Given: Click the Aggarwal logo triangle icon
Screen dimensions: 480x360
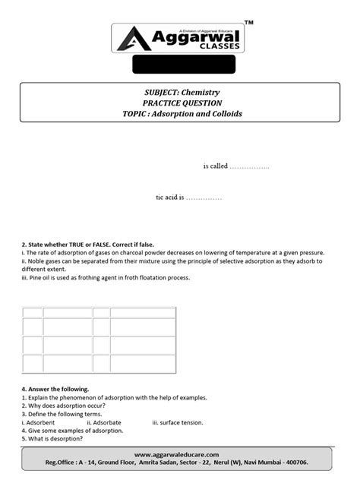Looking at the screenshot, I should pyautogui.click(x=131, y=39).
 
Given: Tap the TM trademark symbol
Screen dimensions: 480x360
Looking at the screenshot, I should pyautogui.click(x=250, y=24).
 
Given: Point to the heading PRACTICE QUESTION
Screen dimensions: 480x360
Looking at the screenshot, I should pyautogui.click(x=179, y=103).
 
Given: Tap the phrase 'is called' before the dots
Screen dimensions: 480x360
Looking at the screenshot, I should pyautogui.click(x=215, y=166).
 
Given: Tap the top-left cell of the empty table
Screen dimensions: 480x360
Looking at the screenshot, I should pyautogui.click(x=33, y=312).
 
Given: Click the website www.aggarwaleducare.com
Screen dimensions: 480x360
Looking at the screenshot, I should pyautogui.click(x=180, y=453).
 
